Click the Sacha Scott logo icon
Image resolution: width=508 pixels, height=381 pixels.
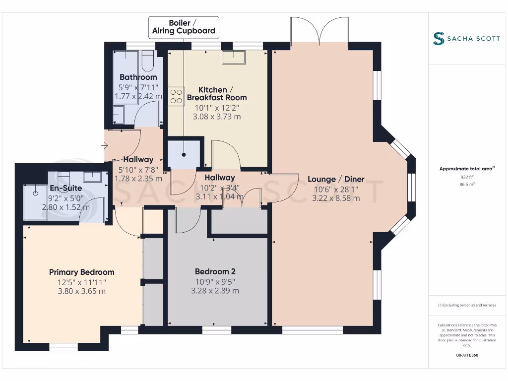pos(438,39)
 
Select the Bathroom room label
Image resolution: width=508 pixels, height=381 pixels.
pos(138,77)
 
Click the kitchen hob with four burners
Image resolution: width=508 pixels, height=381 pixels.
pos(176,96)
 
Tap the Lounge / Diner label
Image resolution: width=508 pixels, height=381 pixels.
pos(336,179)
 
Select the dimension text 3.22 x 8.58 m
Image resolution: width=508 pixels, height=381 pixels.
pos(336,198)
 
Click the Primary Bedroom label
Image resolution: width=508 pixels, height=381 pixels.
pos(81,272)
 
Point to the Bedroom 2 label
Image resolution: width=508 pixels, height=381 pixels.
pos(215,271)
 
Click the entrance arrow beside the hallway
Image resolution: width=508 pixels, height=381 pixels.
pos(103,145)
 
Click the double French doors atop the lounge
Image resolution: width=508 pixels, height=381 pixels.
pos(320,31)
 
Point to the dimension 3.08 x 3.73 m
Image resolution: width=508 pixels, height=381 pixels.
pos(217,117)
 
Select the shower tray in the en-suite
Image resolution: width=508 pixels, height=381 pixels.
pos(36,202)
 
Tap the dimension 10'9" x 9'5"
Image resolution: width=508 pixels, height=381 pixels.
pos(215,281)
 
